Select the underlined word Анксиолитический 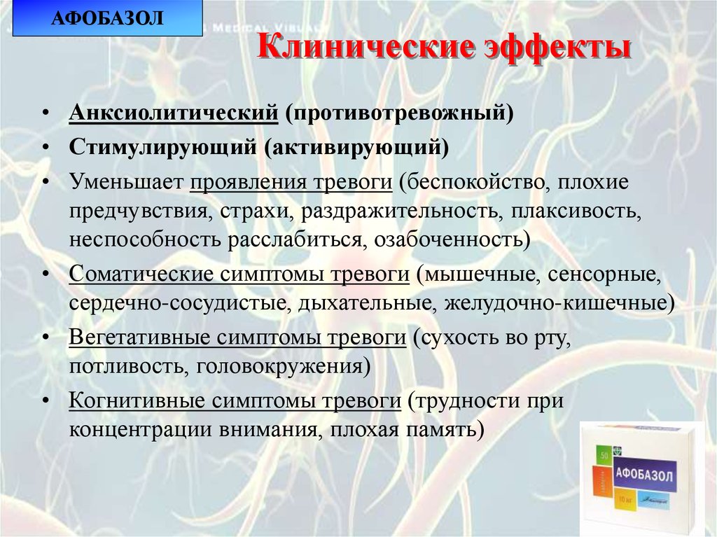point(174,113)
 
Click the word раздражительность point(402,210)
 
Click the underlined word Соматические point(139,273)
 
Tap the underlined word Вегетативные point(139,337)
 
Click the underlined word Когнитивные point(134,400)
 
